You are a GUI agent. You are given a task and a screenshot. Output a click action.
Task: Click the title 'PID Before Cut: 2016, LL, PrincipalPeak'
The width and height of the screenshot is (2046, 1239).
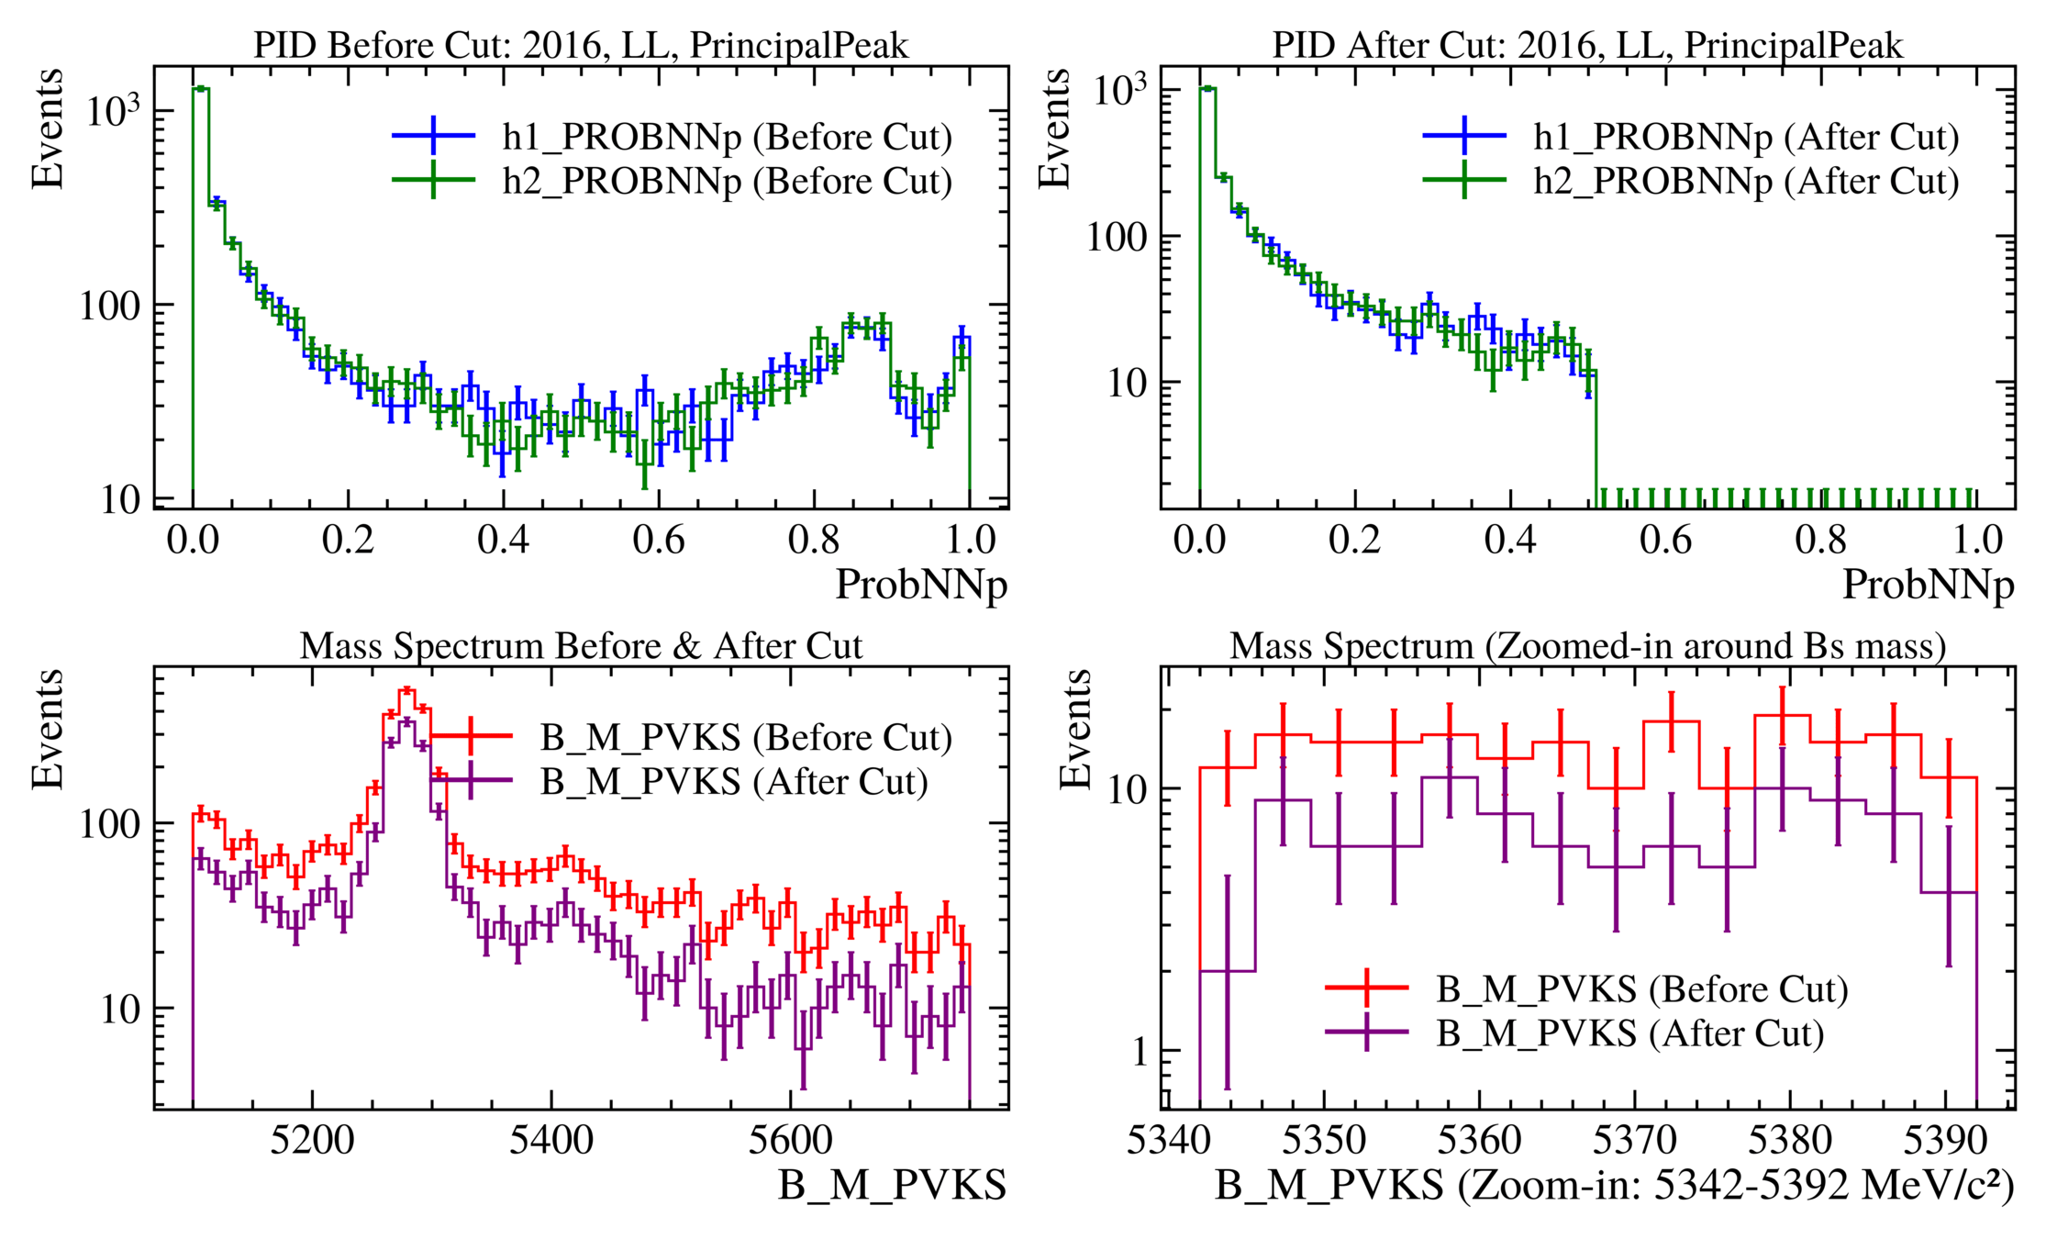(581, 45)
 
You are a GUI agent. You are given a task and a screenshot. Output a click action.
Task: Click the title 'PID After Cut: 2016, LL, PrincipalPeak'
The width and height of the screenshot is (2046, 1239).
(1587, 45)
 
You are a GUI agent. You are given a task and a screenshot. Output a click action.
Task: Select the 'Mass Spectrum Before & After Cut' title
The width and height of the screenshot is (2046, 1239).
(581, 646)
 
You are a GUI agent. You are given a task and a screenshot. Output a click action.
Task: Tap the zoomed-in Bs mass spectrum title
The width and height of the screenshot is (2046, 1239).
(1587, 646)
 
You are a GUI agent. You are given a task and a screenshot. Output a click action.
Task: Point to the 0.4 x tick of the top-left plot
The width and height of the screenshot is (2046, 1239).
(503, 540)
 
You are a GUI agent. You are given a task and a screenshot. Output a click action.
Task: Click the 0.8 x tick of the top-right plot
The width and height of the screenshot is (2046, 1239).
(1820, 540)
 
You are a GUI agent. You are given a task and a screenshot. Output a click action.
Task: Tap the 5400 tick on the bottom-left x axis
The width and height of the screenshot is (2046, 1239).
(550, 1140)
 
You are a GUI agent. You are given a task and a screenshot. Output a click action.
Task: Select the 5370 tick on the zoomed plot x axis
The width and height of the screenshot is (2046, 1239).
(1634, 1140)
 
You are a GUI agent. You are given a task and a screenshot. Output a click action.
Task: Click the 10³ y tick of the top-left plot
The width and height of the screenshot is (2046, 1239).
(113, 110)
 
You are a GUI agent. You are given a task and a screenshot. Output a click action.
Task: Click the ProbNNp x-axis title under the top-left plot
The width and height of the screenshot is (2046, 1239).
(920, 585)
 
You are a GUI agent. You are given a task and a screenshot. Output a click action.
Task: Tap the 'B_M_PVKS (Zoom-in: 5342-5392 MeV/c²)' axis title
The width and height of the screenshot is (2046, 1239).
(1615, 1186)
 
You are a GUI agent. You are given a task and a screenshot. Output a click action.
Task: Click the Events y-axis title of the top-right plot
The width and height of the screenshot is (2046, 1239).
(1055, 128)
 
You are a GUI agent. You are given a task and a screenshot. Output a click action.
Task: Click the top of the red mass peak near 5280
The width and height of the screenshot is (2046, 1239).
(406, 689)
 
